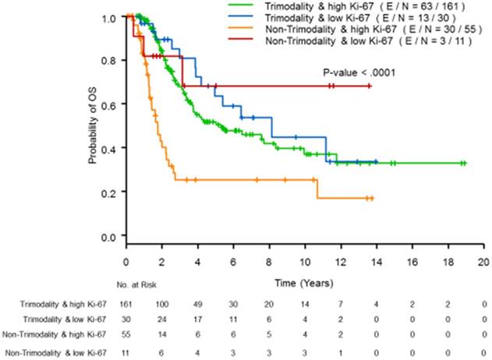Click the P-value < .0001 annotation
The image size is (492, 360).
355,72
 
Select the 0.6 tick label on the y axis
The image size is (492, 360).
109,104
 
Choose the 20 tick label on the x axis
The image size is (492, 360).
483,263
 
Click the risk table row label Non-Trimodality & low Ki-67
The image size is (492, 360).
55,354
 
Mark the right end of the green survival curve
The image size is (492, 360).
465,164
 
